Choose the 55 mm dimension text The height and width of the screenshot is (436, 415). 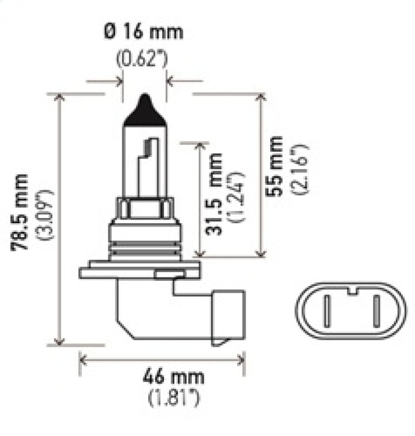277,167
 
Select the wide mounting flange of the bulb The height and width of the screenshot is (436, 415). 139,269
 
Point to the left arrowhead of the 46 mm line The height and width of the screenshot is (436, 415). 82,359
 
